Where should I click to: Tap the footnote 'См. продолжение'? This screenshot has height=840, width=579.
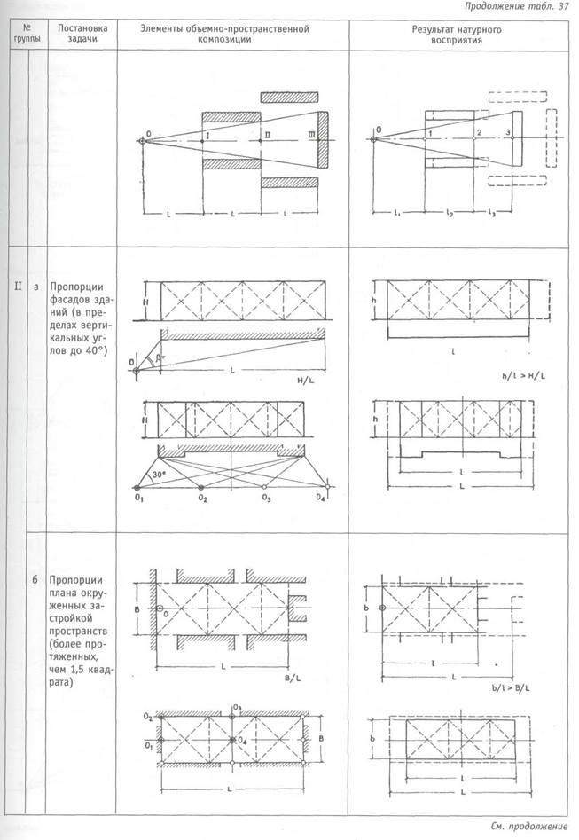tap(528, 826)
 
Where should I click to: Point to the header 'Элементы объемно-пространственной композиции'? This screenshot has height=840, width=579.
tap(224, 35)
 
